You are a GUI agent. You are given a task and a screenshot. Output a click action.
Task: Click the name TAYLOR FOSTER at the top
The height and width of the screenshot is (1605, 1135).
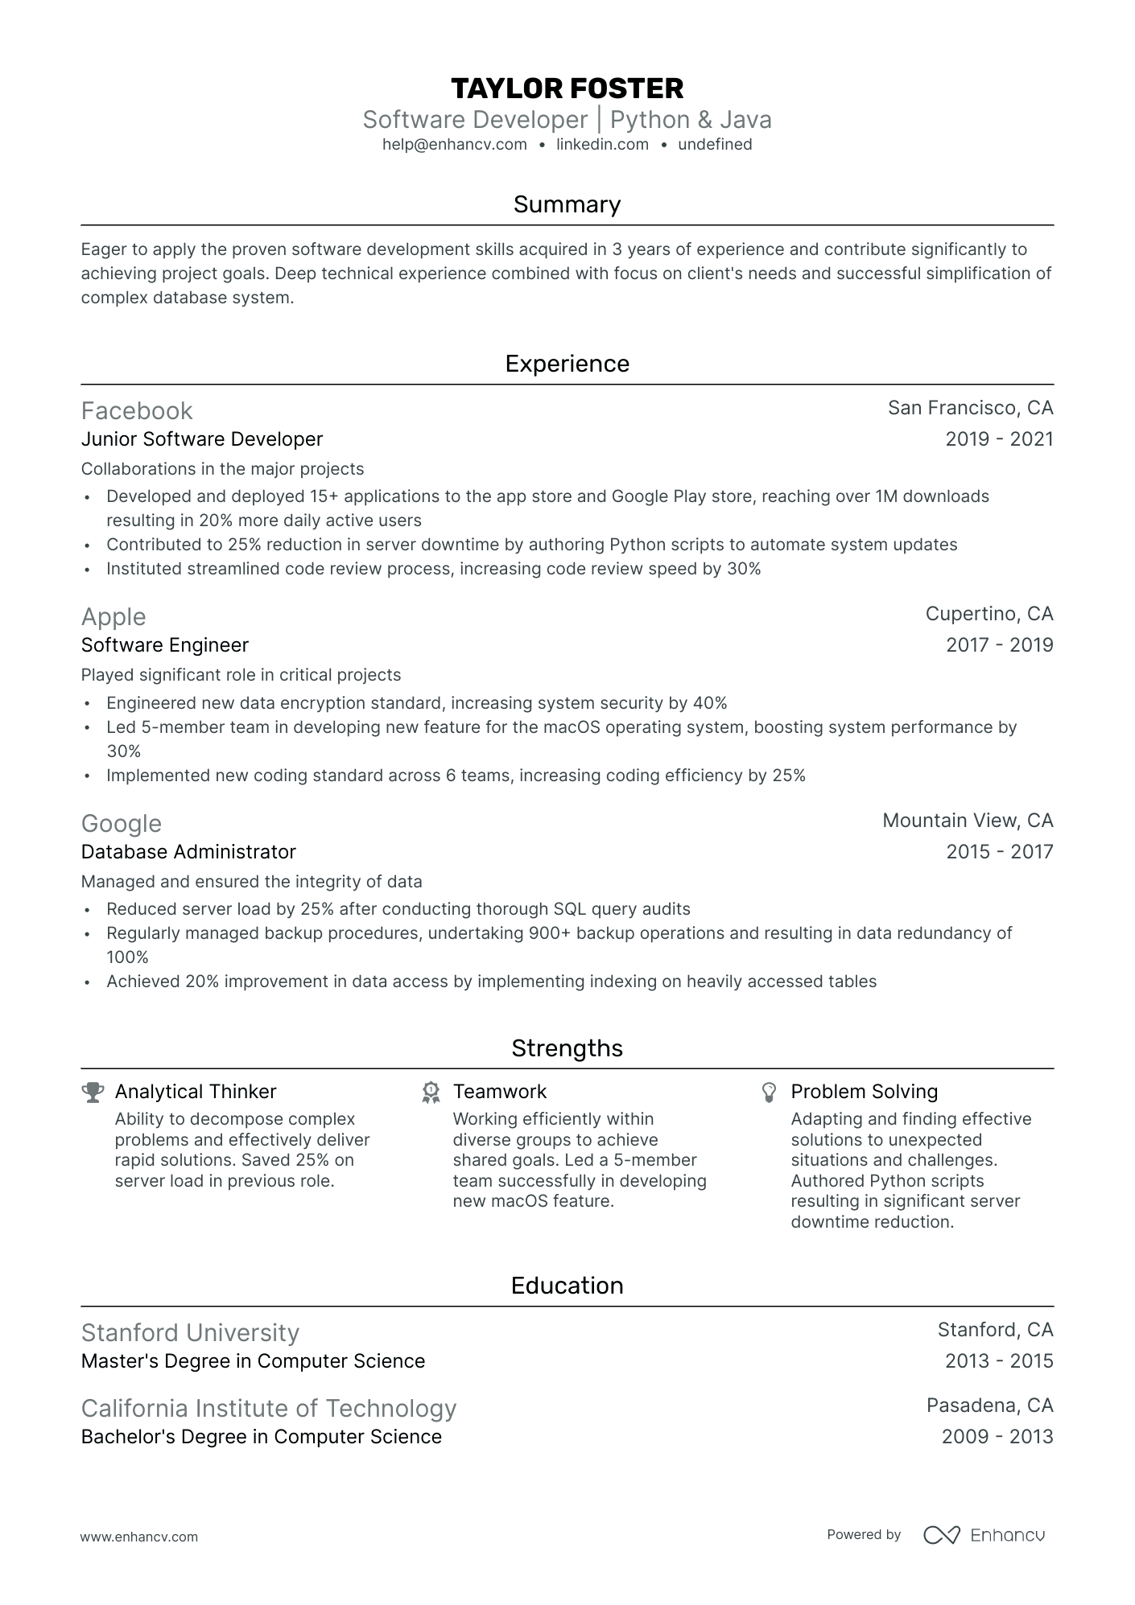pos(567,88)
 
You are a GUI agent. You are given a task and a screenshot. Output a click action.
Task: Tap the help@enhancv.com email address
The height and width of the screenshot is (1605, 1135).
pos(455,145)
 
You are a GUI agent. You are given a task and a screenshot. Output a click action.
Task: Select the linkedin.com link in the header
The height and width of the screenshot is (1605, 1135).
pos(602,145)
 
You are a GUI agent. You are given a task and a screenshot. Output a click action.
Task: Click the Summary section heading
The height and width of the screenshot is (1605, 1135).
pos(567,204)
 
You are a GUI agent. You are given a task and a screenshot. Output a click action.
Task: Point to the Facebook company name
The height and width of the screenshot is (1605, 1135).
pos(137,411)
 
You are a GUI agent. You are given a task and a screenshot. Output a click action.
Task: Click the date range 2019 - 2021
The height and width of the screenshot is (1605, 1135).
pos(999,439)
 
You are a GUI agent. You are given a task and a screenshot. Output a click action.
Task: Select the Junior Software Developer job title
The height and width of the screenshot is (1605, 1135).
pos(202,439)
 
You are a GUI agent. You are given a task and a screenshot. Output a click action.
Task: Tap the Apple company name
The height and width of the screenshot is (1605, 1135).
pos(113,617)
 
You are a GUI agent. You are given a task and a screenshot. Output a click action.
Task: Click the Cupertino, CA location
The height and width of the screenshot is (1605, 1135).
pos(989,614)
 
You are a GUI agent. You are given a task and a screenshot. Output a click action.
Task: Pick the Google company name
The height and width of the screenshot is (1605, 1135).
pos(122,824)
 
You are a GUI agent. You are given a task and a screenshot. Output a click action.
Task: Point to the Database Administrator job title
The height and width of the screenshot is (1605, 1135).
pos(188,852)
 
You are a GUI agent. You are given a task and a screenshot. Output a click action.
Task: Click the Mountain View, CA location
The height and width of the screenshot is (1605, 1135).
pos(968,821)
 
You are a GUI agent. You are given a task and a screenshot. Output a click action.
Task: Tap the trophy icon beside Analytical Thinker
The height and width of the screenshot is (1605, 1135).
pos(93,1092)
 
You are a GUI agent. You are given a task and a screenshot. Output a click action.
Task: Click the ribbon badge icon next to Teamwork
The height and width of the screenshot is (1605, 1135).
pos(431,1092)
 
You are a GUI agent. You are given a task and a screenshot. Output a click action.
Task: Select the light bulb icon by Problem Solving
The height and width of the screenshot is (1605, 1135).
pos(770,1092)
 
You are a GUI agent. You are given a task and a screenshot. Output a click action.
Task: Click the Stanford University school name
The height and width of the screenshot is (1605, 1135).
pos(190,1333)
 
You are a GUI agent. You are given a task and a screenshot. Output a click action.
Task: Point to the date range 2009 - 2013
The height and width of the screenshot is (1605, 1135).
pos(997,1437)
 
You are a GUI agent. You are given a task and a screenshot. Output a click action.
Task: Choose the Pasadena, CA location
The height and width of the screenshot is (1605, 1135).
pos(989,1405)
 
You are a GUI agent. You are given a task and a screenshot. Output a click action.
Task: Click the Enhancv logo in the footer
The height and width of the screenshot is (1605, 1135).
pos(984,1535)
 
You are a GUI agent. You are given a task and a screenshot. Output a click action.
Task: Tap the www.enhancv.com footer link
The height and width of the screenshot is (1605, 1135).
pos(139,1537)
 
